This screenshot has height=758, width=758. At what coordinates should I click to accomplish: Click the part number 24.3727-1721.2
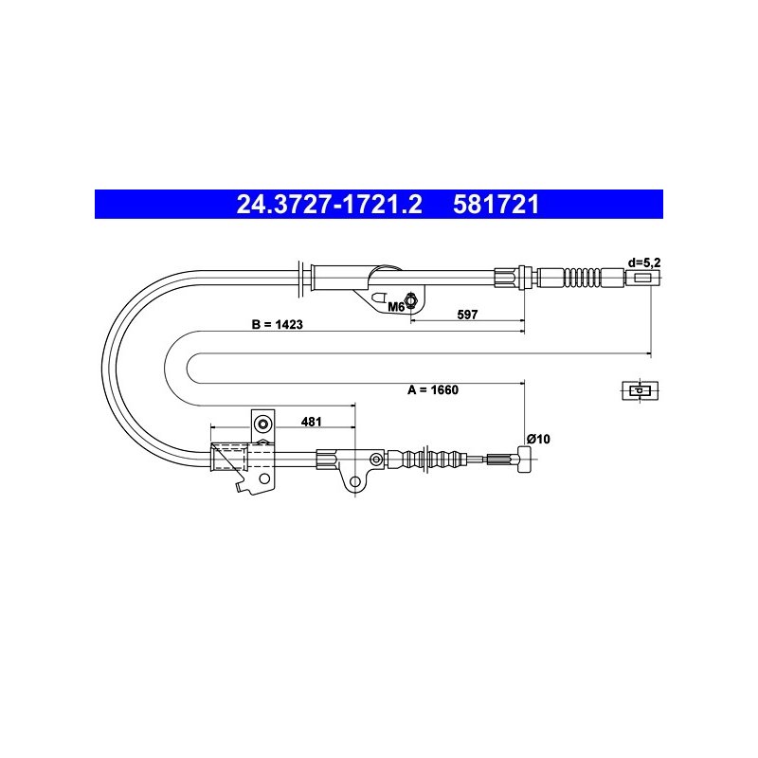coord(329,205)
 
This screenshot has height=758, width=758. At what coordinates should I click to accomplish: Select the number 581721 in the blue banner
coord(496,205)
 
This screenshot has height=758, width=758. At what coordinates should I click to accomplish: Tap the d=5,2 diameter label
coord(644,263)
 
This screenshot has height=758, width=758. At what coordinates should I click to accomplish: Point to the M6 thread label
coord(396,306)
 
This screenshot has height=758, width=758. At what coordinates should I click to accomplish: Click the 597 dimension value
coord(467,315)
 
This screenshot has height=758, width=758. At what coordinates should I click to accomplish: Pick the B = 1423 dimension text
coord(278,324)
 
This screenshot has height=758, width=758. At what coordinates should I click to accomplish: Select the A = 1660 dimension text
coord(433,389)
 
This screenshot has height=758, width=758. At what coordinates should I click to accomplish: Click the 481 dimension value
coord(312,422)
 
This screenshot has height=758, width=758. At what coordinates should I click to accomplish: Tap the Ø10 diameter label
coord(538,439)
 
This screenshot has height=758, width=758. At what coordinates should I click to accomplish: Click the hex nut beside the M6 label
coord(411,300)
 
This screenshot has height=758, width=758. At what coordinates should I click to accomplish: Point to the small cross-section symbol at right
coord(641,390)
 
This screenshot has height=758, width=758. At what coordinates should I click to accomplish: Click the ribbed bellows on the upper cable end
coord(582,278)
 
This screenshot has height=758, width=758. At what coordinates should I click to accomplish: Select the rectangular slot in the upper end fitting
coord(642,278)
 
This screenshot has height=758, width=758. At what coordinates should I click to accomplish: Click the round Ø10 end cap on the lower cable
coord(525,460)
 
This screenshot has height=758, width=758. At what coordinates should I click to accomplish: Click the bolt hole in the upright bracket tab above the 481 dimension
coord(263,424)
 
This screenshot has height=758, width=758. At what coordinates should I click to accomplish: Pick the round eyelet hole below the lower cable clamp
coord(355,481)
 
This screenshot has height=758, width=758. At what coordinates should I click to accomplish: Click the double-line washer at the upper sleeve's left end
coord(300,278)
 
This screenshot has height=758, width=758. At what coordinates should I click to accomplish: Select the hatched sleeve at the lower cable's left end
coord(229,457)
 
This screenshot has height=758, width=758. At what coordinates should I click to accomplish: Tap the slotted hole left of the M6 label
coord(379,298)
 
